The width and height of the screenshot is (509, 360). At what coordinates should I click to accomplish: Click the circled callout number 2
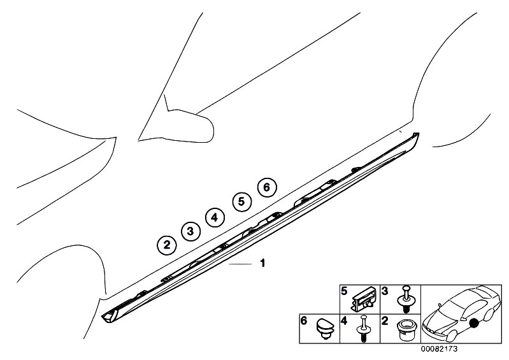pyautogui.click(x=166, y=245)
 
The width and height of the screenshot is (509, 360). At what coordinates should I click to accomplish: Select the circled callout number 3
pyautogui.click(x=190, y=231)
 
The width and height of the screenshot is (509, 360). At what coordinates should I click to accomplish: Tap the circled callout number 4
pyautogui.click(x=215, y=217)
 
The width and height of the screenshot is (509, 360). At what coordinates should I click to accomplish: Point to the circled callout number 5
pyautogui.click(x=241, y=201)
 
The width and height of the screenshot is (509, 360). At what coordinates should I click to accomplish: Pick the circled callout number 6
pyautogui.click(x=266, y=187)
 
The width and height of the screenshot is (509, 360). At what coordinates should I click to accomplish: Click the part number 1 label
pyautogui.click(x=262, y=263)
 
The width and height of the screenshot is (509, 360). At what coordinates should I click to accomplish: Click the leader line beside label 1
pyautogui.click(x=240, y=264)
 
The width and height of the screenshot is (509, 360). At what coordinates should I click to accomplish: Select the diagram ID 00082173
pyautogui.click(x=439, y=349)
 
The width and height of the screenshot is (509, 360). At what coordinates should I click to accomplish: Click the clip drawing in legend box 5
pyautogui.click(x=364, y=299)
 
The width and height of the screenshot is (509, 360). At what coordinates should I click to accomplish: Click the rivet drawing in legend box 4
pyautogui.click(x=364, y=329)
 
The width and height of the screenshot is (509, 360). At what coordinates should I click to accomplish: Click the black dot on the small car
pyautogui.click(x=475, y=323)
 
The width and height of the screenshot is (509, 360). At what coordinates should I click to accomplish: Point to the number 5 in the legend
pyautogui.click(x=345, y=291)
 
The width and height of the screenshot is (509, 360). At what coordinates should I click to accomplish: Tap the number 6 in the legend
pyautogui.click(x=304, y=320)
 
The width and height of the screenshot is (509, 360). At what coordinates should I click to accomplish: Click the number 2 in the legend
pyautogui.click(x=385, y=321)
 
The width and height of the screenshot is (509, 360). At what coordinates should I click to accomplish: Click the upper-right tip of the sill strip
pyautogui.click(x=419, y=133)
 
